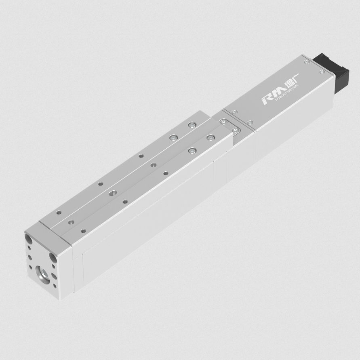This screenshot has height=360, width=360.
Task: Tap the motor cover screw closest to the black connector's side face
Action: point(322,72)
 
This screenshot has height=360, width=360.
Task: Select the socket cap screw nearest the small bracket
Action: point(210,138)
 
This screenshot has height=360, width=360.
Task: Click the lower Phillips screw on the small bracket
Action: point(235,130)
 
